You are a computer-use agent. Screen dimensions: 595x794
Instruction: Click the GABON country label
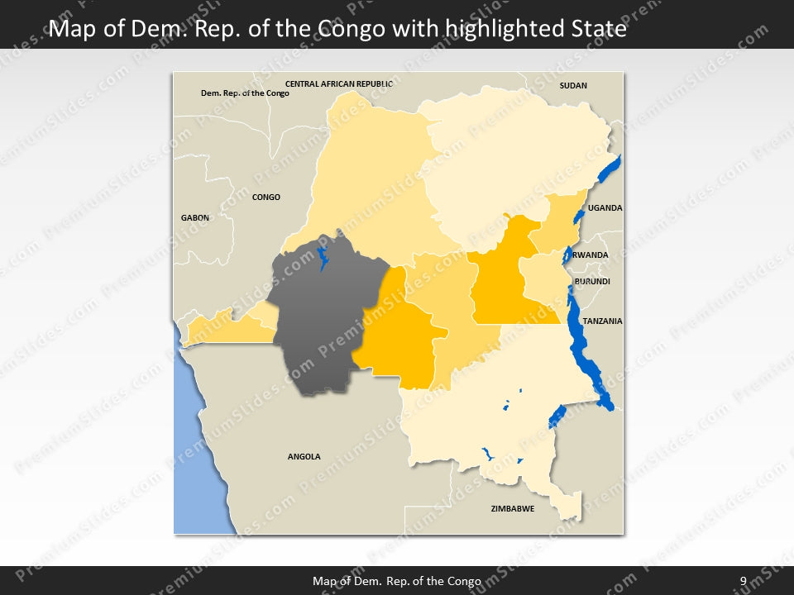pos(195,217)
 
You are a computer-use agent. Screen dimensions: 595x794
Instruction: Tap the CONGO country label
pos(266,197)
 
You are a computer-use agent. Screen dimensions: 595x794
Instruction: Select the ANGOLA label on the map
pos(304,456)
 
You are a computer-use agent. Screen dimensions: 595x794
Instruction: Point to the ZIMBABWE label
pos(512,508)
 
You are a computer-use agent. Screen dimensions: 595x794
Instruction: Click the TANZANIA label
pos(602,321)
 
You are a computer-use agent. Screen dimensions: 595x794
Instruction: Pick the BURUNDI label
pos(592,282)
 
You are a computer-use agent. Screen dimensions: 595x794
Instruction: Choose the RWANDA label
pos(591,255)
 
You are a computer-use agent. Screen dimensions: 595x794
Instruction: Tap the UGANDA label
pos(605,207)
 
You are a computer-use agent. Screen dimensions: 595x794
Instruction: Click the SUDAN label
pos(573,85)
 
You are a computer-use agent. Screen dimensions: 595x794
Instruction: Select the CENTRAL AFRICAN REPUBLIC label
pos(338,83)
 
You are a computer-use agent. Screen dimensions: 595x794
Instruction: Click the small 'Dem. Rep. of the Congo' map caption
pos(245,93)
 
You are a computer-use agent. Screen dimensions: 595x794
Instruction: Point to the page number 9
pos(743,581)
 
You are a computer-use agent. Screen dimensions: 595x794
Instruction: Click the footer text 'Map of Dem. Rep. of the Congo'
pos(396,581)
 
